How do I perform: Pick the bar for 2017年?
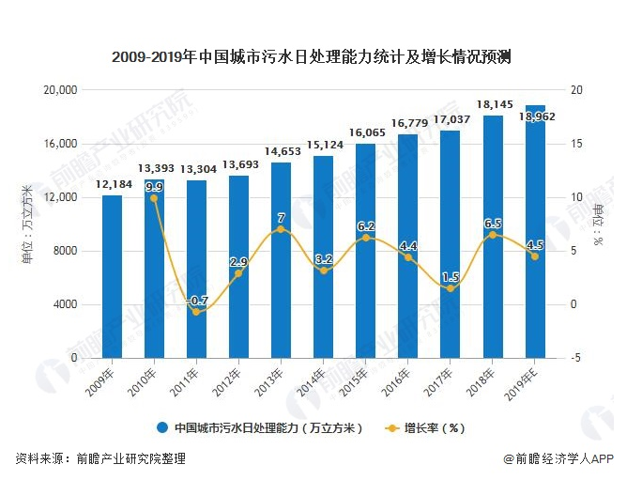(x=451, y=244)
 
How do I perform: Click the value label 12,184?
(x=112, y=185)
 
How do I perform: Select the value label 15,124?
(x=324, y=146)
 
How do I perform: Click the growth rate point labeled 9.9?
(x=154, y=198)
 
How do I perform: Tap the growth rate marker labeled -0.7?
(x=196, y=312)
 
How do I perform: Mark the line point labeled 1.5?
(x=451, y=288)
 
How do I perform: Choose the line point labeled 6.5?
(x=493, y=235)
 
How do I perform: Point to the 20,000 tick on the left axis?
(x=60, y=90)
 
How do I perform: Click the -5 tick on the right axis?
(x=575, y=358)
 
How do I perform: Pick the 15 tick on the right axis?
(x=575, y=144)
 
